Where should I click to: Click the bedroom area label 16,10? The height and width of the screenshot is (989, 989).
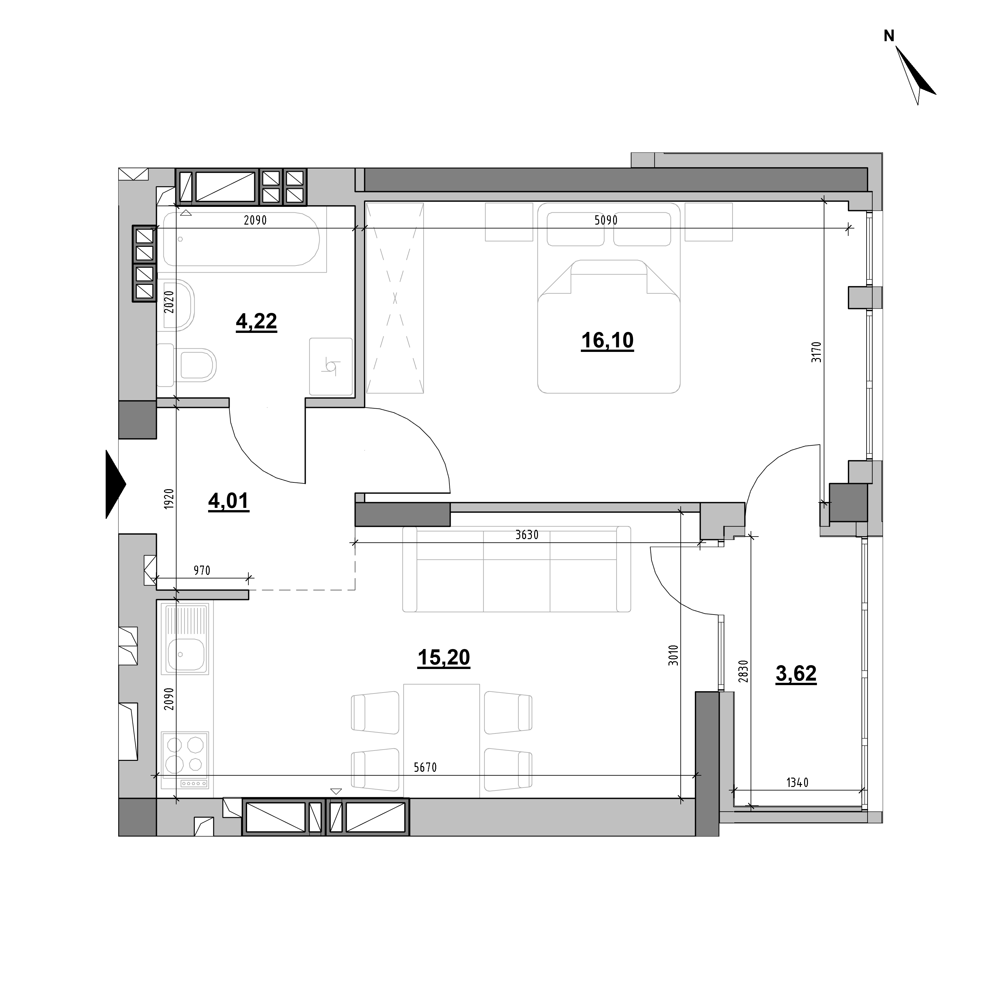pos(607,341)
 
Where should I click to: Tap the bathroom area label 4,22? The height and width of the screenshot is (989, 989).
pos(256,322)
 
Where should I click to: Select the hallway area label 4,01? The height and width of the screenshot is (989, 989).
pos(228,501)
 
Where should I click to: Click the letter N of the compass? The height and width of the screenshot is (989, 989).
pos(889,36)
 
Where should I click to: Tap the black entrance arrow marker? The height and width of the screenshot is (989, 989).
pos(116,484)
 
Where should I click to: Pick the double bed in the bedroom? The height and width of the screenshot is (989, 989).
pos(609,298)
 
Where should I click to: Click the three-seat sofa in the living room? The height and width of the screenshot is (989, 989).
pos(516,569)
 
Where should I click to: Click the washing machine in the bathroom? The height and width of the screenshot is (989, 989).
pos(331,367)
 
